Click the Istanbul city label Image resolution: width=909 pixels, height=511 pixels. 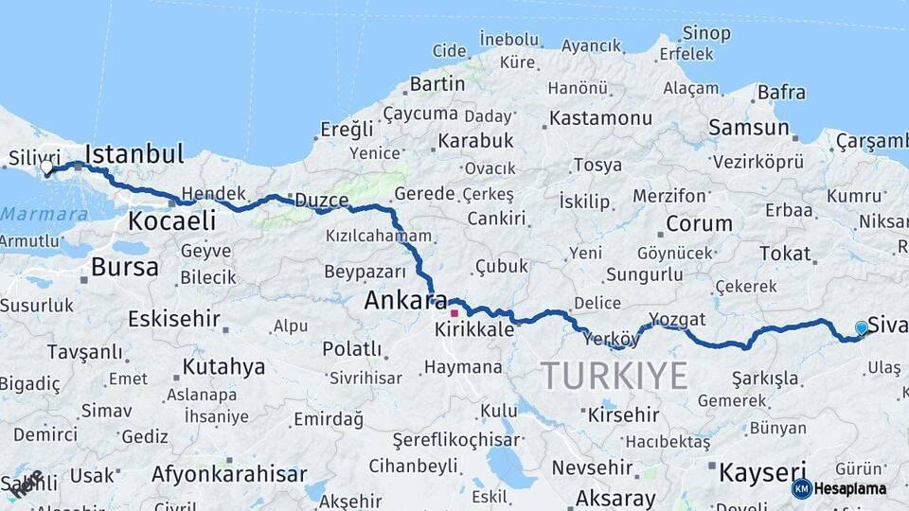pos(134,153)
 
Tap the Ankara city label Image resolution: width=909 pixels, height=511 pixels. pos(406,301)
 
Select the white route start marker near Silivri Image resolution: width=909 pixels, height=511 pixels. pos(46,167)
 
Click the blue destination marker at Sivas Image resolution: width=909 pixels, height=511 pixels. pos(862,327)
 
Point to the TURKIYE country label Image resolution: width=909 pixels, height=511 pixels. pos(615,377)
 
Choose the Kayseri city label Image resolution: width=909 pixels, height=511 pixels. pos(762,471)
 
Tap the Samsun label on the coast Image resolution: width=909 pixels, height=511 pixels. pos(748,128)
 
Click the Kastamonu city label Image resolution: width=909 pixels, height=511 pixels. pos(600,118)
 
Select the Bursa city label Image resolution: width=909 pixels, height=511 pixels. pos(125,267)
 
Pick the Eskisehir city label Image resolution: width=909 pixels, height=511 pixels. pos(173,317)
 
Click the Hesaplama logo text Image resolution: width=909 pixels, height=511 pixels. pos(851,488)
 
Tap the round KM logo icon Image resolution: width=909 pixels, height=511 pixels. pos(802,488)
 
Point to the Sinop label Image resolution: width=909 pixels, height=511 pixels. pos(706,33)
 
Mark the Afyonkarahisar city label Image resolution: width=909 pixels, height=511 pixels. pos(229,474)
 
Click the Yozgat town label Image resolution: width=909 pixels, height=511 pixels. pos(677,318)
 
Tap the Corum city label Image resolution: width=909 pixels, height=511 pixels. pos(699,224)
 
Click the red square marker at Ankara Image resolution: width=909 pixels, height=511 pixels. pos(454,312)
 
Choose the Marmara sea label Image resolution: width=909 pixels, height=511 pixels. pos(45,214)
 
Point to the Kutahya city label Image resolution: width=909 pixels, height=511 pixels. pos(223,366)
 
